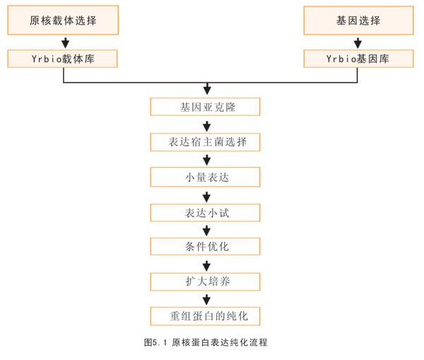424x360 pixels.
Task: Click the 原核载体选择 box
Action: (x=63, y=21)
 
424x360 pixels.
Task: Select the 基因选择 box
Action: (x=358, y=21)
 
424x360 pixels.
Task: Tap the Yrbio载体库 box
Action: (x=62, y=59)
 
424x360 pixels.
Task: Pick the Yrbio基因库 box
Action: (x=358, y=59)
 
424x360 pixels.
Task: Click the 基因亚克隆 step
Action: (x=205, y=107)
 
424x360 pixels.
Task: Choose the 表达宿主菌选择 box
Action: (x=205, y=142)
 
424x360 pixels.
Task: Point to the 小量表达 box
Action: (x=205, y=177)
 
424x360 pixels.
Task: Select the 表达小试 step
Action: (x=205, y=213)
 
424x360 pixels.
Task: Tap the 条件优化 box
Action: (x=205, y=247)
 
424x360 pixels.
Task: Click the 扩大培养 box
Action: (x=205, y=281)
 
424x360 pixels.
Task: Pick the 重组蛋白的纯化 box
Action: (x=205, y=316)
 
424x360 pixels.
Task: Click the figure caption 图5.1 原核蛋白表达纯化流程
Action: (x=206, y=342)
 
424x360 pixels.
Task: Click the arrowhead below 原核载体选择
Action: (x=66, y=43)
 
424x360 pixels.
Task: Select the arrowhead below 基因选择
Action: (x=358, y=43)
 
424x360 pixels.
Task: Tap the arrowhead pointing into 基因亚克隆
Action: (x=207, y=89)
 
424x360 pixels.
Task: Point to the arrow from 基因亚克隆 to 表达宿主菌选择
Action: (x=207, y=127)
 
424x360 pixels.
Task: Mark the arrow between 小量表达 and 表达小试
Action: (x=206, y=197)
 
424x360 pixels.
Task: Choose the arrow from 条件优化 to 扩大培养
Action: (x=206, y=266)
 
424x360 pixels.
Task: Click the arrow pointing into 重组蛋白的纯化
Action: (x=206, y=300)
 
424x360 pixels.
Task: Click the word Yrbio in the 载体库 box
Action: (x=47, y=59)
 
